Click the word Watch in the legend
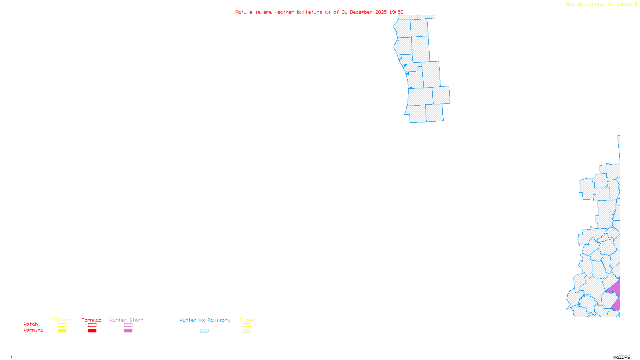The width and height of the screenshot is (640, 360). tap(31, 324)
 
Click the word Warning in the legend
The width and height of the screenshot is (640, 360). tap(34, 330)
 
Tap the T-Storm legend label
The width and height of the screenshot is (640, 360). tap(62, 320)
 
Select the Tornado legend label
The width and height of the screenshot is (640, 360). tap(92, 320)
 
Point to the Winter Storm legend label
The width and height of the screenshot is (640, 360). tap(126, 320)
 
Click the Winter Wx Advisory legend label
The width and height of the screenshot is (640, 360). tap(205, 320)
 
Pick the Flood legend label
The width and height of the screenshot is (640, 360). tap(247, 320)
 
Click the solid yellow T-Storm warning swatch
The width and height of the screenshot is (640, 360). tap(62, 331)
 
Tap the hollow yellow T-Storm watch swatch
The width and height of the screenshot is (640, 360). tap(62, 325)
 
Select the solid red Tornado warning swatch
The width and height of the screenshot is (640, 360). tap(92, 331)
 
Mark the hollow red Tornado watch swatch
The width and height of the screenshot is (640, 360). tap(92, 325)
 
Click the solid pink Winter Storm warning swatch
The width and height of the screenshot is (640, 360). tap(128, 331)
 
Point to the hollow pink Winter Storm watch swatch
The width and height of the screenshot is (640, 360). tap(128, 325)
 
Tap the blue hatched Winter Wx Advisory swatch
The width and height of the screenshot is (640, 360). tap(204, 331)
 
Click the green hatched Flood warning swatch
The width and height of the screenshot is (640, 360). tap(247, 331)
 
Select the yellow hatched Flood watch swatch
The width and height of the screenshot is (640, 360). tap(247, 325)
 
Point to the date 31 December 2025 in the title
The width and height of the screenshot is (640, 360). tap(364, 12)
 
